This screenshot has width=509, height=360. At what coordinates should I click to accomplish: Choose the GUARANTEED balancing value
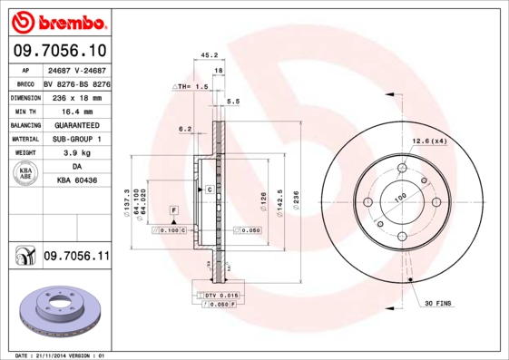point(75,124)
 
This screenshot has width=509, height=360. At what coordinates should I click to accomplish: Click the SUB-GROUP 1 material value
point(75,139)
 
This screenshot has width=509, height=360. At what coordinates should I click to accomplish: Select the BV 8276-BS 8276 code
point(76,82)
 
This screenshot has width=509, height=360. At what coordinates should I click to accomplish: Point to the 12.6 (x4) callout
point(430,141)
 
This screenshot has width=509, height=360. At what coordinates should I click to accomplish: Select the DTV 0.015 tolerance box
point(220,296)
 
